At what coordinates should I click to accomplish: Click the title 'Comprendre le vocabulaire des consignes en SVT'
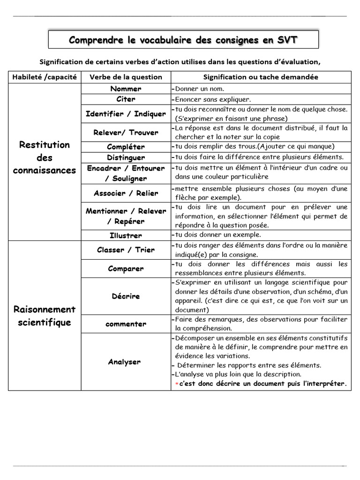[183, 40]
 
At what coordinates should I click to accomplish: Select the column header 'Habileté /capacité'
[45, 77]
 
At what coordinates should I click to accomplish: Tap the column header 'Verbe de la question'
[126, 77]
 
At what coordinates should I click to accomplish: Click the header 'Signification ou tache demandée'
[261, 77]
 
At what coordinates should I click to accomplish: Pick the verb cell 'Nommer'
[126, 89]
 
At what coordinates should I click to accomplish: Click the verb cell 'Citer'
[126, 99]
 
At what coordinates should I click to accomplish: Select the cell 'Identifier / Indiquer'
[126, 113]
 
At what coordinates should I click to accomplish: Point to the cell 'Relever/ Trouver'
[126, 132]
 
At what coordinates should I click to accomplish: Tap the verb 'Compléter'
[126, 147]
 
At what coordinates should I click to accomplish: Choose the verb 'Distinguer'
[126, 157]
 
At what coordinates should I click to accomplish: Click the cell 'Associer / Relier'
[126, 193]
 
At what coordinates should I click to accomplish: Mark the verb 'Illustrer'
[126, 235]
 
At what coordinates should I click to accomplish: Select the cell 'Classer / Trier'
[126, 250]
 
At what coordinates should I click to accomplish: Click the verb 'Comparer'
[126, 269]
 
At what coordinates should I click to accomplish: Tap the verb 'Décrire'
[126, 296]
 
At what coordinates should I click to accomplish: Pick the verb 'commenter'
[126, 324]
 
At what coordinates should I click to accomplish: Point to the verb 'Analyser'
[124, 361]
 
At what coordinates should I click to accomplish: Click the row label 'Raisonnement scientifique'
[45, 316]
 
